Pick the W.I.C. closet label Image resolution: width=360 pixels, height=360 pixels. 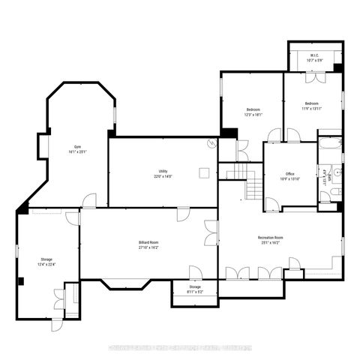pos(315,58)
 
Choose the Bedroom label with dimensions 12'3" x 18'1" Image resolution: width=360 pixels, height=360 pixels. pos(253,113)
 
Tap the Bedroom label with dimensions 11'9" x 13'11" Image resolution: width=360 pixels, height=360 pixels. pos(312,106)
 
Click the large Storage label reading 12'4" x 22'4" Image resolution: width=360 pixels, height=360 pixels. pos(46,262)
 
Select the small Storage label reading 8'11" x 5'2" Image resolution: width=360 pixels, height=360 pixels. pos(195,289)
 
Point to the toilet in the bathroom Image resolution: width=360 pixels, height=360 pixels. pos(325,196)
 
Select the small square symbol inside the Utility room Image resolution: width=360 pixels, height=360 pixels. pos(202,172)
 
